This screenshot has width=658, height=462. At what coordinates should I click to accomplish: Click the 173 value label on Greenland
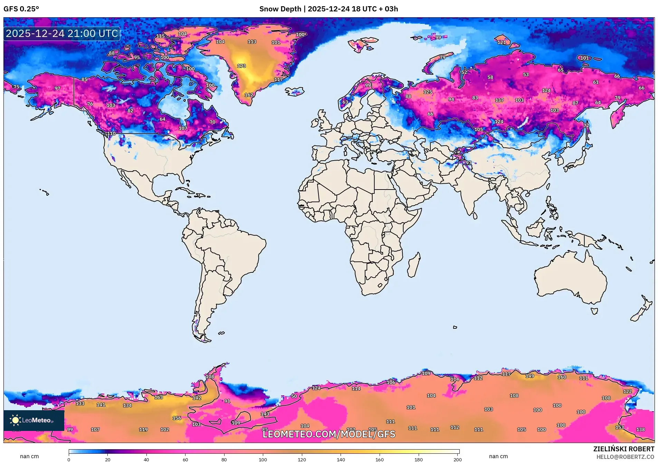pyautogui.click(x=241, y=66)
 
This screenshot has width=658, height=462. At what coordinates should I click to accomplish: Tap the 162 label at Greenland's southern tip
pyautogui.click(x=249, y=95)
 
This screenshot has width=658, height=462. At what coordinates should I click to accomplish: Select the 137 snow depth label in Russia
pyautogui.click(x=499, y=100)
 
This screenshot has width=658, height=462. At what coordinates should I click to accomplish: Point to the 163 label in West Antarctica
pyautogui.click(x=159, y=397)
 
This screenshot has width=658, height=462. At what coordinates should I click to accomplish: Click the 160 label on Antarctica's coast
pyautogui.click(x=562, y=377)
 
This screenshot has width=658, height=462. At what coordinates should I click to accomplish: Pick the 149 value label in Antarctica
pyautogui.click(x=530, y=376)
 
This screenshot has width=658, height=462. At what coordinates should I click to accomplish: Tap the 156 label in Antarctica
pyautogui.click(x=177, y=418)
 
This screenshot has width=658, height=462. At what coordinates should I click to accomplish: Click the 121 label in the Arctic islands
pyautogui.click(x=501, y=42)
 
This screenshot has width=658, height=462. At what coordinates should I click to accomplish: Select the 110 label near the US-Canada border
pyautogui.click(x=111, y=134)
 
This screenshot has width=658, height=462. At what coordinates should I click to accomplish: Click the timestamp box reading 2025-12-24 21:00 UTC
pyautogui.click(x=62, y=33)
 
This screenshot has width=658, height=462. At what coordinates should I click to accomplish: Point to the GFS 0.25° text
pyautogui.click(x=21, y=9)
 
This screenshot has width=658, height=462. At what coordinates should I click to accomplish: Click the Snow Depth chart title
pyautogui.click(x=328, y=9)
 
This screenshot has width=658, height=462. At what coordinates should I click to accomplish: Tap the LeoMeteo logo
pyautogui.click(x=34, y=420)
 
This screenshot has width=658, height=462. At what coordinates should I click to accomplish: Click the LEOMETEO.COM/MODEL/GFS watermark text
pyautogui.click(x=328, y=434)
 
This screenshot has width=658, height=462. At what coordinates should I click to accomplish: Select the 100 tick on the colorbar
pyautogui.click(x=263, y=459)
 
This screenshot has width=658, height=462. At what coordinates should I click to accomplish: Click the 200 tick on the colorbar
pyautogui.click(x=457, y=459)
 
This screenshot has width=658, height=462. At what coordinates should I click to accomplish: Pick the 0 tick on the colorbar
pyautogui.click(x=69, y=459)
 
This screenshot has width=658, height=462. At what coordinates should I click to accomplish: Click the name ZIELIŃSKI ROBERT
pyautogui.click(x=623, y=449)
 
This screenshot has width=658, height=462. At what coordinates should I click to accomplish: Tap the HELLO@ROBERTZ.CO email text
pyautogui.click(x=625, y=457)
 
